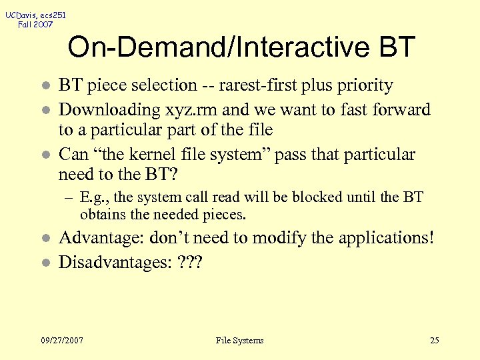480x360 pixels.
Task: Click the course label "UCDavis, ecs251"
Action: [x=35, y=14]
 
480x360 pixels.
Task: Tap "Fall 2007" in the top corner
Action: [x=35, y=25]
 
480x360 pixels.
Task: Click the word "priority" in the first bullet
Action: [x=365, y=85]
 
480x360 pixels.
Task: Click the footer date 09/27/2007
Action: [x=62, y=341]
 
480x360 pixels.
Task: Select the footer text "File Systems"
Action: [x=240, y=341]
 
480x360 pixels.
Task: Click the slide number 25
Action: [x=435, y=341]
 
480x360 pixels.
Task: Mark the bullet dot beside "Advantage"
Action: [x=44, y=239]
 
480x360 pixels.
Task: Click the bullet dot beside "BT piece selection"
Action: [x=44, y=86]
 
